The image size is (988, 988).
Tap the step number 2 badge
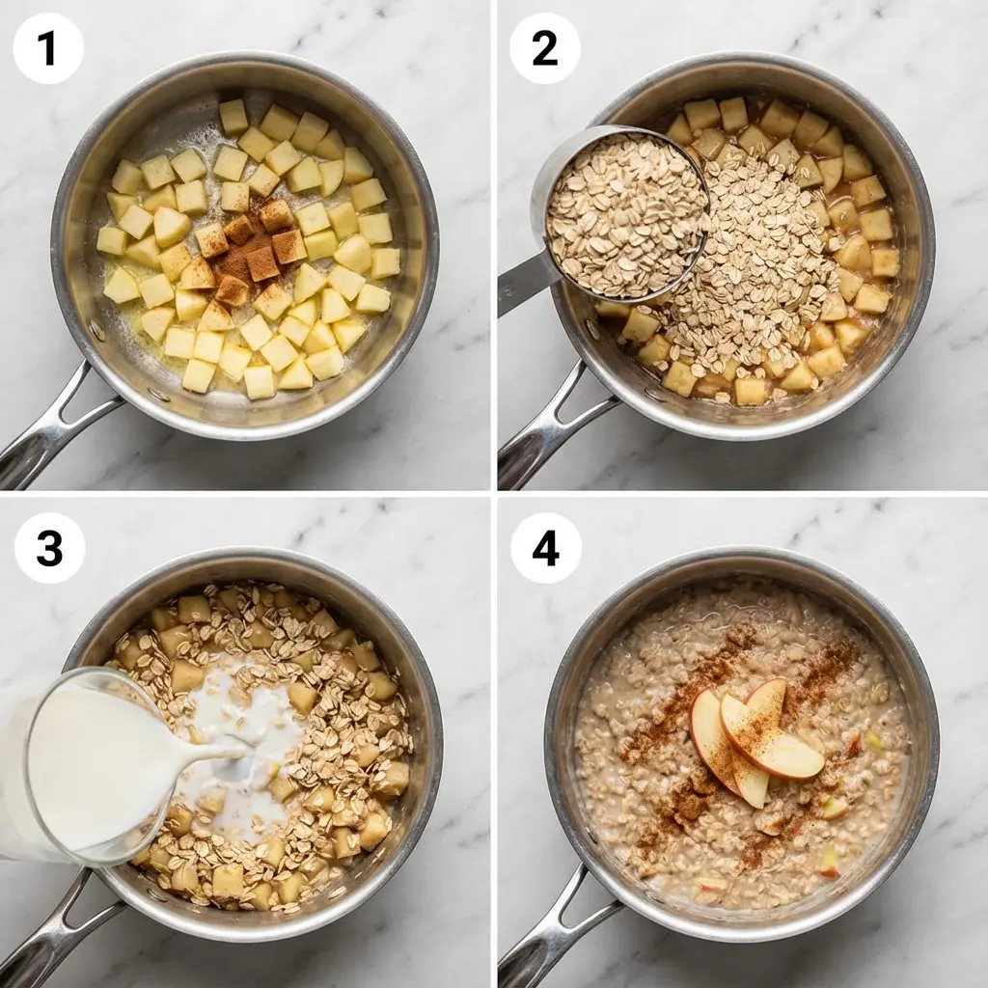tap(544, 48)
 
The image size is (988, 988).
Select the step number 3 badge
tap(49, 548)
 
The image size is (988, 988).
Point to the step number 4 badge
tap(545, 548)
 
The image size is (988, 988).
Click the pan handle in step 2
tap(550, 429)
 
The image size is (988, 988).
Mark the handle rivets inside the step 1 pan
tap(96, 333)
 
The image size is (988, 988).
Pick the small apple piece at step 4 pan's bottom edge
tap(712, 883)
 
